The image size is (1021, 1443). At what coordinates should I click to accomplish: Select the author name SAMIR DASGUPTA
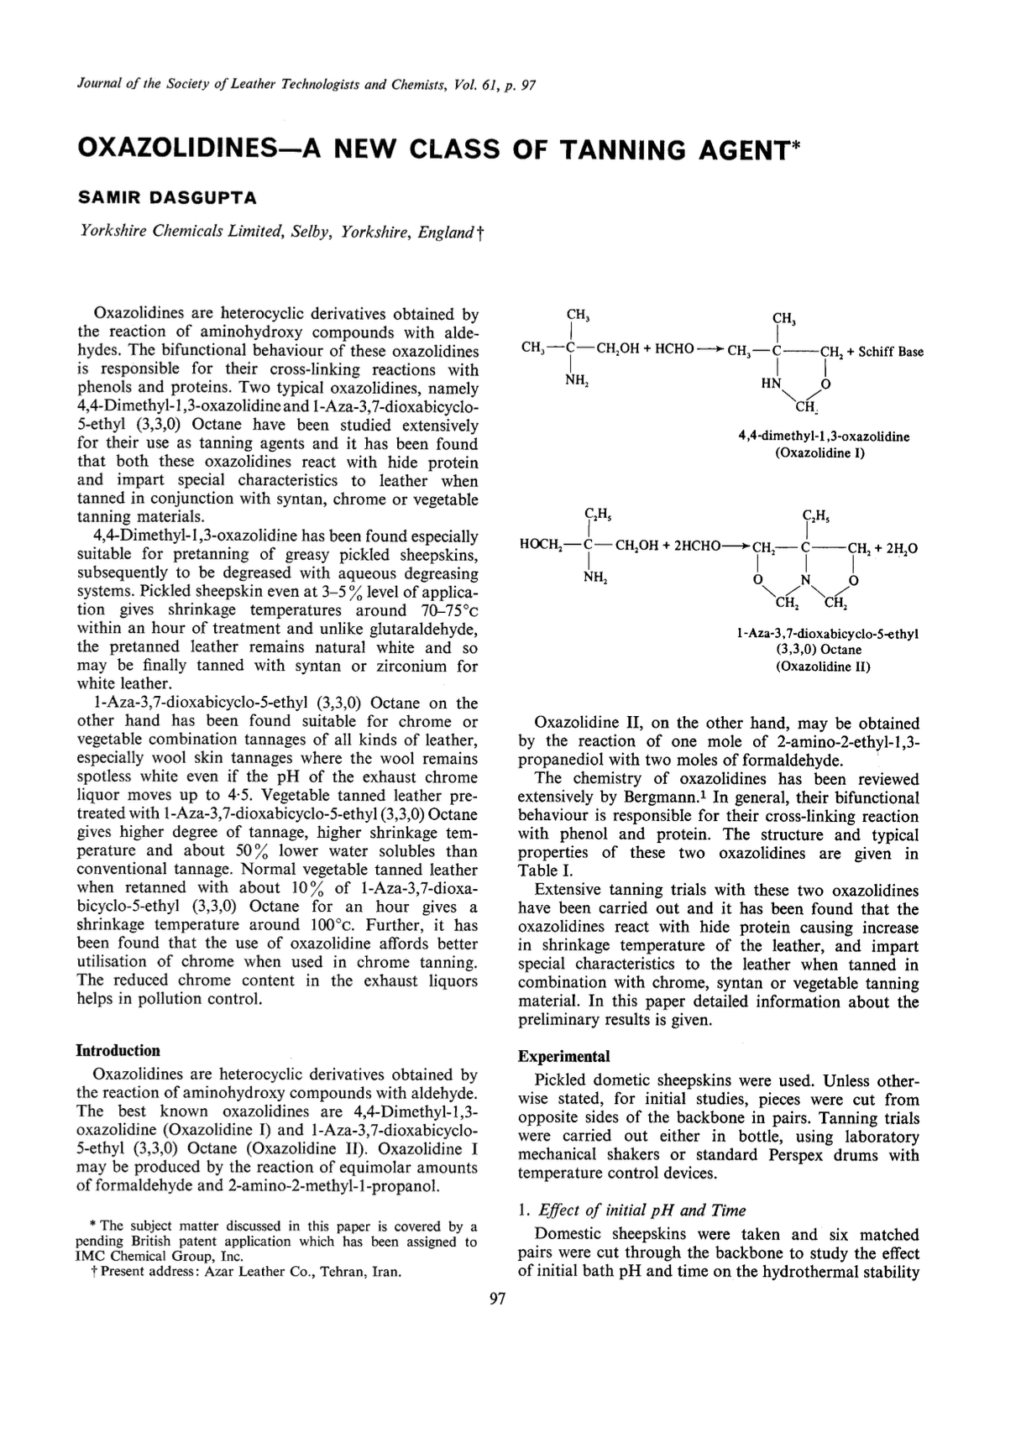pyautogui.click(x=166, y=198)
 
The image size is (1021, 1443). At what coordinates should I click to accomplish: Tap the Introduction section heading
pyautogui.click(x=118, y=1050)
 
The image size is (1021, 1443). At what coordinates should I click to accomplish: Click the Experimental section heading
pyautogui.click(x=563, y=1056)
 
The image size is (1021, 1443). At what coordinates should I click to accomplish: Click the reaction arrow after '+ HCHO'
pyautogui.click(x=709, y=351)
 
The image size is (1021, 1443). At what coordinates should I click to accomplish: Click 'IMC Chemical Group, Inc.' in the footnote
pyautogui.click(x=160, y=1257)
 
